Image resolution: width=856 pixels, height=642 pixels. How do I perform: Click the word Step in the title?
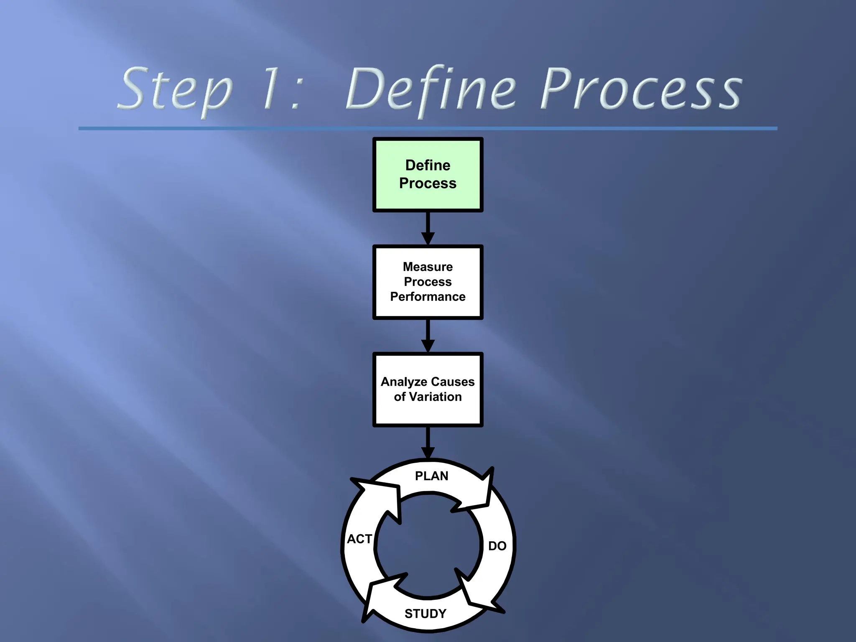coord(175,90)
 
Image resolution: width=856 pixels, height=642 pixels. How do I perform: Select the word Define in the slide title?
coord(431,89)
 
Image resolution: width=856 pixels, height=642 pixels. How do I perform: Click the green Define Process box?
coord(428,175)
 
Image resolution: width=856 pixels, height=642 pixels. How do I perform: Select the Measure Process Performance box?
coord(428,282)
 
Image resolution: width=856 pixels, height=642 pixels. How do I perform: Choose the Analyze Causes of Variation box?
coord(428,389)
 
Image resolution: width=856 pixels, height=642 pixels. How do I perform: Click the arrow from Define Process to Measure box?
coord(428,228)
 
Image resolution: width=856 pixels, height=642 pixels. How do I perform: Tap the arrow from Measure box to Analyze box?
coord(428,336)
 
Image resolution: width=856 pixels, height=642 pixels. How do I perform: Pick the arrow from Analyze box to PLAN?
coord(428,443)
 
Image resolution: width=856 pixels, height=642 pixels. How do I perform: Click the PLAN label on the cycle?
coord(431,476)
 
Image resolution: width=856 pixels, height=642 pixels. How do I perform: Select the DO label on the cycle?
coord(497,546)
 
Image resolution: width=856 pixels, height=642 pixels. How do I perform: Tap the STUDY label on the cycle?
coord(425,614)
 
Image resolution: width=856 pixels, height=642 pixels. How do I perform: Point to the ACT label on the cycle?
coord(359,539)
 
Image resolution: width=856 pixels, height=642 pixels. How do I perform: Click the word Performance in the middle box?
coord(428,297)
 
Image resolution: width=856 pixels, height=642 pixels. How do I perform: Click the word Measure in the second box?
coord(428,267)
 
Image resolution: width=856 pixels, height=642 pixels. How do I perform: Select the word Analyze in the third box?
coord(404,382)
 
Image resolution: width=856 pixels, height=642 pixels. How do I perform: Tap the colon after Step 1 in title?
coord(296,93)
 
